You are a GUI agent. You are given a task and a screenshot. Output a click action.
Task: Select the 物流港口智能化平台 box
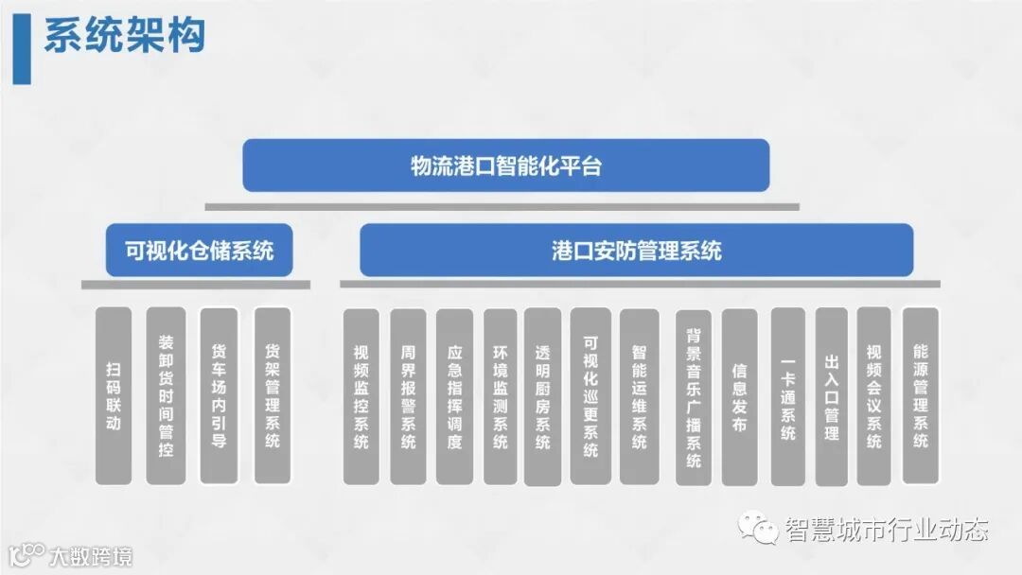click(x=505, y=166)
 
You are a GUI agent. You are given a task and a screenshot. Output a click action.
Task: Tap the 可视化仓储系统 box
click(x=199, y=251)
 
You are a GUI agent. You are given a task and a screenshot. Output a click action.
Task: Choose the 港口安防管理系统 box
click(x=636, y=251)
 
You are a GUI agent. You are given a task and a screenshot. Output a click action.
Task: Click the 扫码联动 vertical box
click(x=114, y=395)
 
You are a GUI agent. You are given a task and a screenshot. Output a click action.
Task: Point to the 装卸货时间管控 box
click(x=167, y=395)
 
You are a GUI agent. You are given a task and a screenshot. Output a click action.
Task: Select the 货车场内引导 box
click(x=219, y=395)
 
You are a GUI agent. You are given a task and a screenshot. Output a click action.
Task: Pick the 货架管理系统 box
click(x=273, y=395)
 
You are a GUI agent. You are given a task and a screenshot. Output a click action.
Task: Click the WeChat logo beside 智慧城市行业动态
click(x=758, y=528)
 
